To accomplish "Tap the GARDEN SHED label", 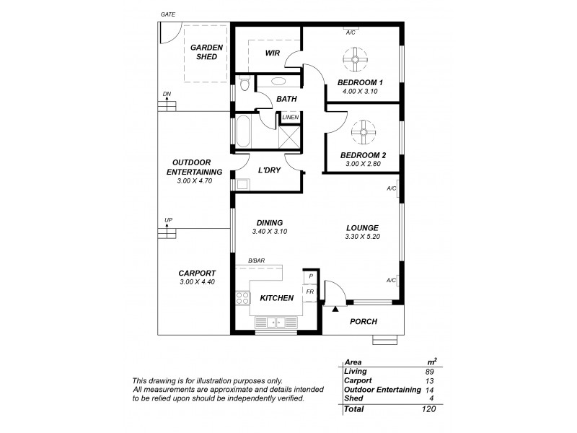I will tap(206, 52).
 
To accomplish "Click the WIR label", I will tap(272, 53).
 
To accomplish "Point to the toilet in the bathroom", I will tap(245, 85).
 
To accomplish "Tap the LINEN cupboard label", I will tap(290, 117).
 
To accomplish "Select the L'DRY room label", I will tap(269, 170).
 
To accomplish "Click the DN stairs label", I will tap(167, 94).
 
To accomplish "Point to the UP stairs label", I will tap(168, 220).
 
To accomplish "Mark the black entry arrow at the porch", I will tap(336, 309).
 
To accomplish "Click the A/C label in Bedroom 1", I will tap(351, 32).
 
